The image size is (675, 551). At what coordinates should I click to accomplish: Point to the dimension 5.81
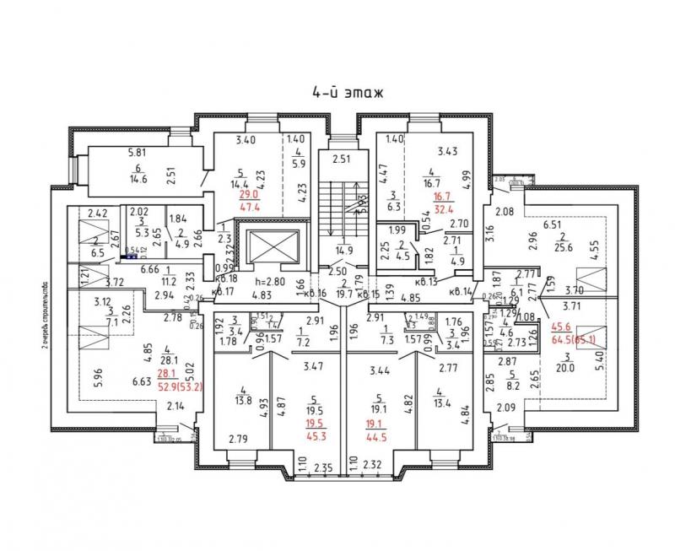click(x=137, y=153)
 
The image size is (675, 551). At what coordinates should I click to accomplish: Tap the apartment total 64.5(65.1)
click(x=573, y=341)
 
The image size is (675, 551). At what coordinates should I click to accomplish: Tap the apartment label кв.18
click(x=226, y=278)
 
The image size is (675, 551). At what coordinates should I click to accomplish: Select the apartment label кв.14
click(x=463, y=292)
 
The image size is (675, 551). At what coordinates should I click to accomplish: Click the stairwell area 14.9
click(x=343, y=251)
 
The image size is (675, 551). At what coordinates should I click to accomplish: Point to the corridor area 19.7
click(x=343, y=295)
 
